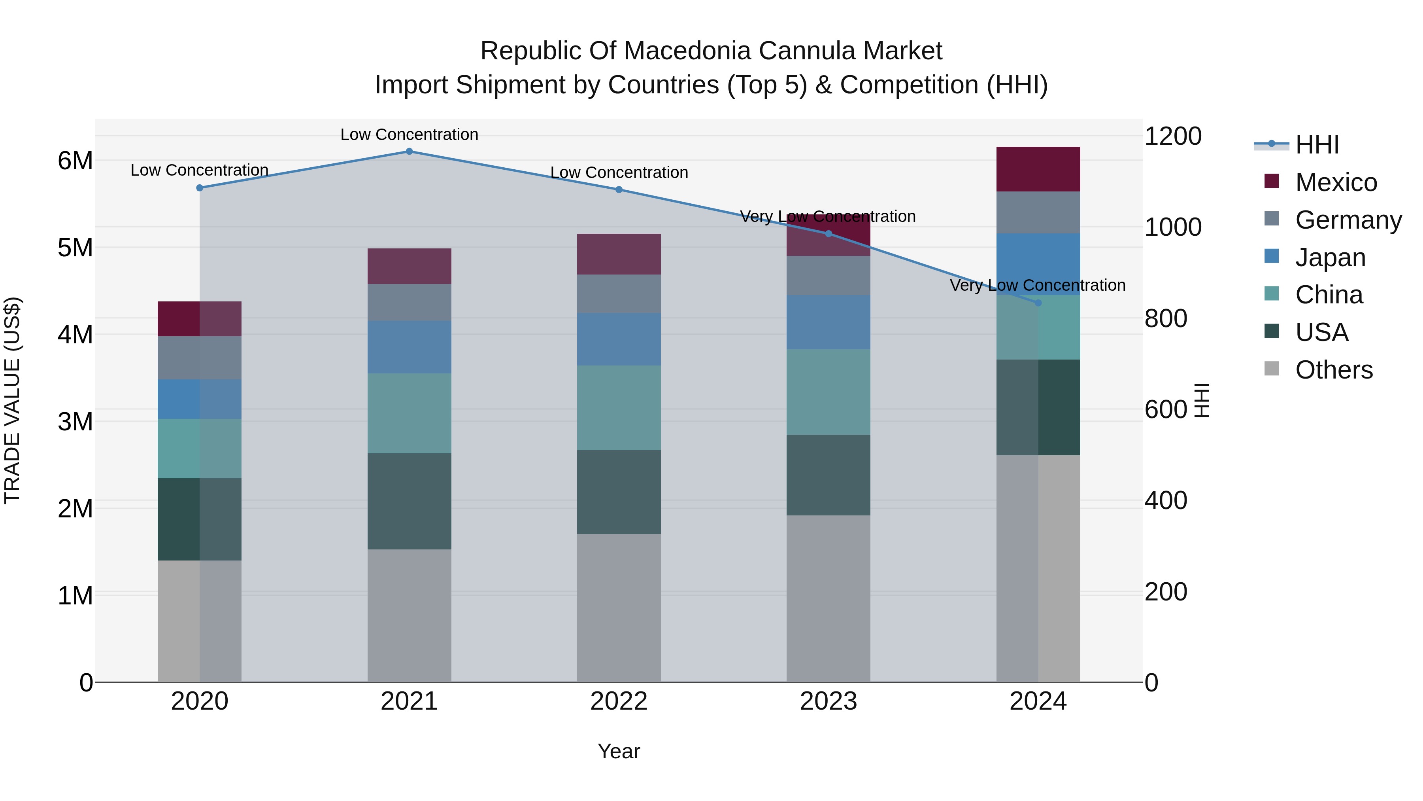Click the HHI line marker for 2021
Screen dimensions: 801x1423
[x=410, y=151]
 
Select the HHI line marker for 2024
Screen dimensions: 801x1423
[x=1038, y=303]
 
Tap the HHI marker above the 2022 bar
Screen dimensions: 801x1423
[x=619, y=189]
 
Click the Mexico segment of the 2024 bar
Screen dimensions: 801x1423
[x=1038, y=169]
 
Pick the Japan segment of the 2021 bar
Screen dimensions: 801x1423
[x=410, y=347]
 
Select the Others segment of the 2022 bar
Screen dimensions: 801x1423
[x=619, y=608]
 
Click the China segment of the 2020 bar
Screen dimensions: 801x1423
[x=200, y=448]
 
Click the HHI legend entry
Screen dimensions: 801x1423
[x=1317, y=145]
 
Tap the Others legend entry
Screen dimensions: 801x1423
[x=1334, y=370]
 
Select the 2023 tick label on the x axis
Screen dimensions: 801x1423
[x=828, y=701]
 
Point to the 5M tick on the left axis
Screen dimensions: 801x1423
[x=75, y=248]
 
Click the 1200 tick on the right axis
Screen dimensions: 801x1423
[x=1172, y=136]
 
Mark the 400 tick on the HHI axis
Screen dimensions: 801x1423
[x=1166, y=500]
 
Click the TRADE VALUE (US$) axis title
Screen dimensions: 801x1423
[x=12, y=400]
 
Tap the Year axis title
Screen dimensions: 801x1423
[x=619, y=751]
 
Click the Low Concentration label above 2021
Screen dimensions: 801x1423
[x=410, y=134]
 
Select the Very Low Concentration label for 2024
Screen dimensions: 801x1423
[x=1038, y=285]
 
